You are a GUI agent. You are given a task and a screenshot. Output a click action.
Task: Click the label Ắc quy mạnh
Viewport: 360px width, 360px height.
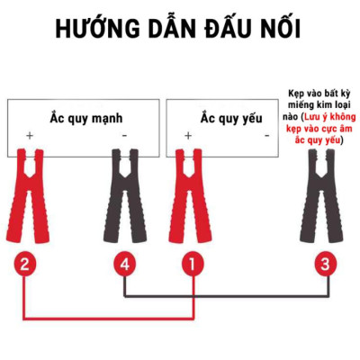(85, 117)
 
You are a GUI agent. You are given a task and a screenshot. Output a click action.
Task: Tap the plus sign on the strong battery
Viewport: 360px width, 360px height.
(30, 136)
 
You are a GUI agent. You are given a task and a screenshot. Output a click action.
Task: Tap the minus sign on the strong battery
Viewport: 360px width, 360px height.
(124, 136)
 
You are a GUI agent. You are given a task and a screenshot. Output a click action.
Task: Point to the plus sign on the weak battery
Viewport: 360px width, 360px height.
(188, 136)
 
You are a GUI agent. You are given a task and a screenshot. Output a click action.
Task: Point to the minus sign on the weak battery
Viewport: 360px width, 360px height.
(265, 136)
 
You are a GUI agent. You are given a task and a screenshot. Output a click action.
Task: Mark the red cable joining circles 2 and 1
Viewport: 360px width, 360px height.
(108, 318)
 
